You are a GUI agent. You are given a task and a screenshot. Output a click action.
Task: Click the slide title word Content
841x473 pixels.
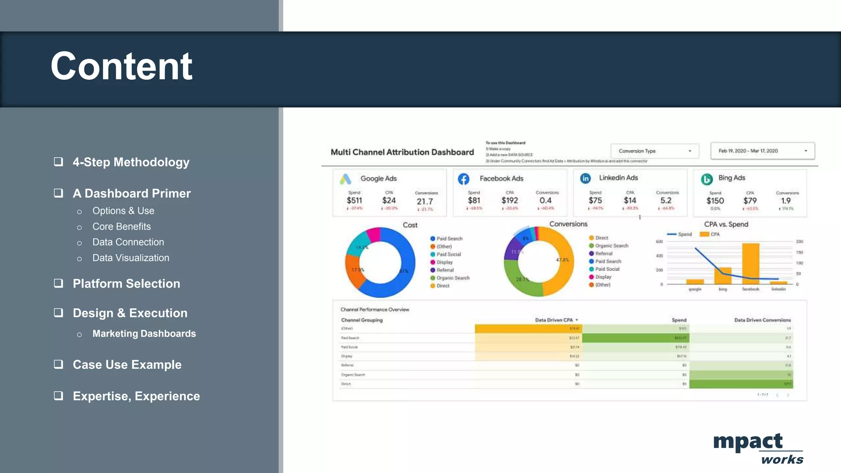[122, 67]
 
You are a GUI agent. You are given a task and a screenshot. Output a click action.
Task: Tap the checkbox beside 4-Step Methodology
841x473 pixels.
[58, 162]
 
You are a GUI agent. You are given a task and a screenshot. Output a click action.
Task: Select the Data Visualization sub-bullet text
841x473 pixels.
[131, 258]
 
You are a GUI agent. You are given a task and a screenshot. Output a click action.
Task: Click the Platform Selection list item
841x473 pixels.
[126, 284]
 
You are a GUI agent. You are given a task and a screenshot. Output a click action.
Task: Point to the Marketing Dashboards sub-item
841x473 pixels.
[144, 333]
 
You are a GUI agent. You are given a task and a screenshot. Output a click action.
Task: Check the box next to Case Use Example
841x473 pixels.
[58, 364]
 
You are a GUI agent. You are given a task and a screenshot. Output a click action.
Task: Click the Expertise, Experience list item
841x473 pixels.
[136, 396]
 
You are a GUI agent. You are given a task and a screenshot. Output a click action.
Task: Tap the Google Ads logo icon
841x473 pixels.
[345, 179]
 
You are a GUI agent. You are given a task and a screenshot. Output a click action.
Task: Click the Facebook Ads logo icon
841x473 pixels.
[464, 179]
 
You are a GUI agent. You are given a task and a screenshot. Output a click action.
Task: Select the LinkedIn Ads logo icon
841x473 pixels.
[585, 178]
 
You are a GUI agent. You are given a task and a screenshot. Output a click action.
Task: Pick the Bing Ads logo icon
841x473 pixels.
[706, 179]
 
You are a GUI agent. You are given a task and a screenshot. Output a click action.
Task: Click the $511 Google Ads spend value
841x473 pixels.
[354, 200]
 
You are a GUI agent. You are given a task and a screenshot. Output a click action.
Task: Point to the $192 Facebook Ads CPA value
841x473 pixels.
[510, 200]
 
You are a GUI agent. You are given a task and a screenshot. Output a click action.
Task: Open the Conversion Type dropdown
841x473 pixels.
[655, 151]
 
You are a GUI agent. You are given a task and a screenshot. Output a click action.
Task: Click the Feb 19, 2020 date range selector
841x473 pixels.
[762, 151]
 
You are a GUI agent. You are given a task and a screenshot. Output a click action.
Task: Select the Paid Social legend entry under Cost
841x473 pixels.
[448, 254]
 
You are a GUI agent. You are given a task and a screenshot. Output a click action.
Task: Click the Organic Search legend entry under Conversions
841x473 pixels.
[611, 246]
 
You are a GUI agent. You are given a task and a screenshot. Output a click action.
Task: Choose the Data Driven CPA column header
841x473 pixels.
[554, 320]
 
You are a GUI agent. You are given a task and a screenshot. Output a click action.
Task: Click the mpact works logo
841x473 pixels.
[758, 448]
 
